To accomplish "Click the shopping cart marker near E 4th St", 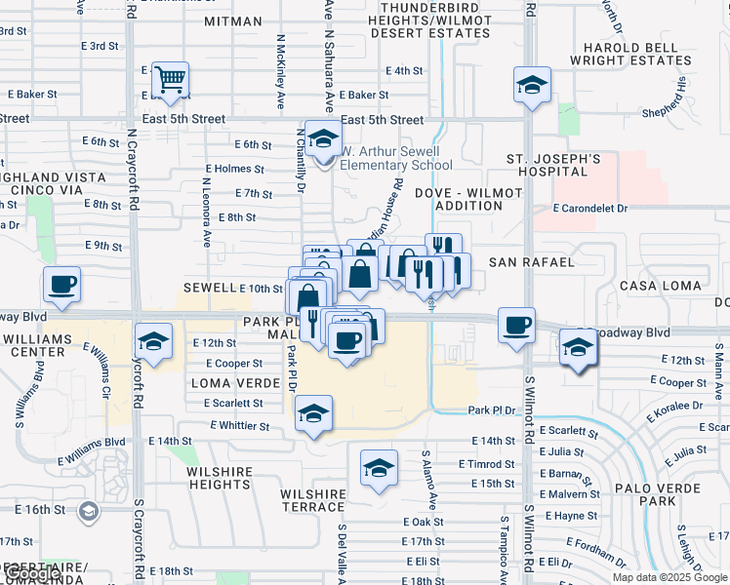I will click(x=170, y=81).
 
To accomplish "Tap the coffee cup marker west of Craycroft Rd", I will click(x=61, y=285).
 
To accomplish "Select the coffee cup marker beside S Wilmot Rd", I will click(x=516, y=325).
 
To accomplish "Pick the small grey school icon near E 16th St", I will click(x=88, y=511).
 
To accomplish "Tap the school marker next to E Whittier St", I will click(x=312, y=413).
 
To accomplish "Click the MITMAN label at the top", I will click(x=232, y=21).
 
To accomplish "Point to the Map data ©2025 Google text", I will click(x=669, y=577).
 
